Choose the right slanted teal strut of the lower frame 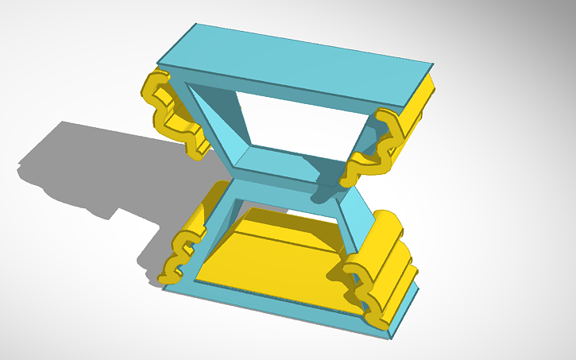tap(355, 223)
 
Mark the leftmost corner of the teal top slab tap(158, 64)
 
